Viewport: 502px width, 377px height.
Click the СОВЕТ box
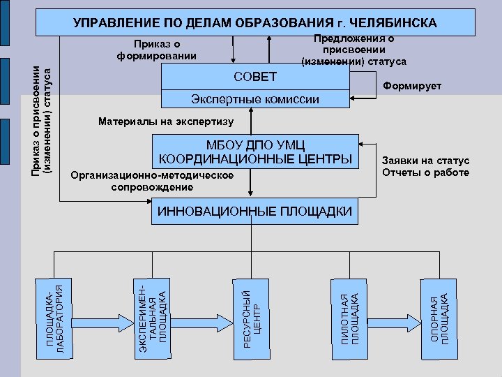[255, 77]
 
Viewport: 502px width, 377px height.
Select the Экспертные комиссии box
[255, 99]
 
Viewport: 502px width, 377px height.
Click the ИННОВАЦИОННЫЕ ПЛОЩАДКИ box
[255, 212]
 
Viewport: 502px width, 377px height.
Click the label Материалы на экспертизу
[166, 121]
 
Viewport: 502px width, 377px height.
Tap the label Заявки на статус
[426, 161]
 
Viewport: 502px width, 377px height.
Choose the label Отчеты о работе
[426, 172]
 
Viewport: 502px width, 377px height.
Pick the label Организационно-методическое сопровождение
[152, 181]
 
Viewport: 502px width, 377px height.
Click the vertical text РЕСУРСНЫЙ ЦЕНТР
[250, 313]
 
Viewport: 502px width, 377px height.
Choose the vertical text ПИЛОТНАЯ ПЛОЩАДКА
[347, 318]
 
